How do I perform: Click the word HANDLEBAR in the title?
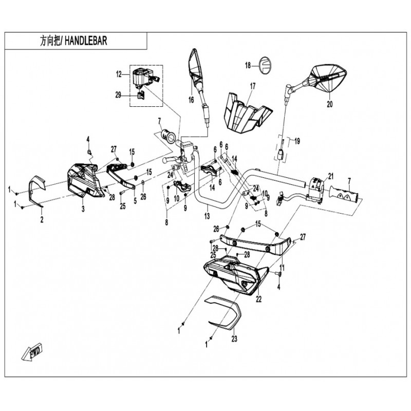(x=86, y=41)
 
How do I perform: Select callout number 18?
(x=248, y=65)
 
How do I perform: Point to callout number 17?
(x=252, y=86)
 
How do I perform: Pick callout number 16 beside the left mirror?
(x=191, y=100)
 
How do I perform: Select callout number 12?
(x=119, y=74)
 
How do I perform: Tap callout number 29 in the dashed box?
(x=118, y=95)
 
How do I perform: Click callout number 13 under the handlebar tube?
(x=207, y=216)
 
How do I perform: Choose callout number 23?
(x=234, y=339)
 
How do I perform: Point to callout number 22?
(x=258, y=299)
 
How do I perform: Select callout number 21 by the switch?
(x=331, y=176)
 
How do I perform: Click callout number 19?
(x=297, y=142)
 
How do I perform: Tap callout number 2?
(x=42, y=219)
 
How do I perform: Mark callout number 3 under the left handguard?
(x=83, y=209)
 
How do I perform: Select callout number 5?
(x=135, y=201)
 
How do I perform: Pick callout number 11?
(x=282, y=268)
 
